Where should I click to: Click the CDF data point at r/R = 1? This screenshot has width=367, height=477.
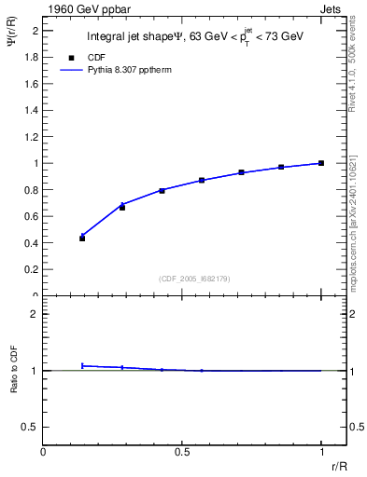tap(321, 163)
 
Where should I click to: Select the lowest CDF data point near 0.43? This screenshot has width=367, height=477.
tap(82, 238)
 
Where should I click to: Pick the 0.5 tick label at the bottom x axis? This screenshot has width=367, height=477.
tap(182, 451)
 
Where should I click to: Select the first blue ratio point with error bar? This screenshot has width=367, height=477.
tap(82, 365)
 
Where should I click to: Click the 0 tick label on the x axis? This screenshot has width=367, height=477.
tap(43, 451)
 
